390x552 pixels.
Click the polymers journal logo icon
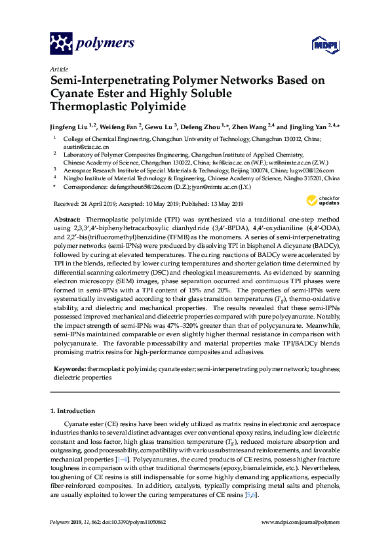61,44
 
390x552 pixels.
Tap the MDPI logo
319,45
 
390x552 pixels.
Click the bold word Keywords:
69,369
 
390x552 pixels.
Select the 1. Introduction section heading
73,411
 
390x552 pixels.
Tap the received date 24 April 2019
101,203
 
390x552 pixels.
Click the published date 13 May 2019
225,203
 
